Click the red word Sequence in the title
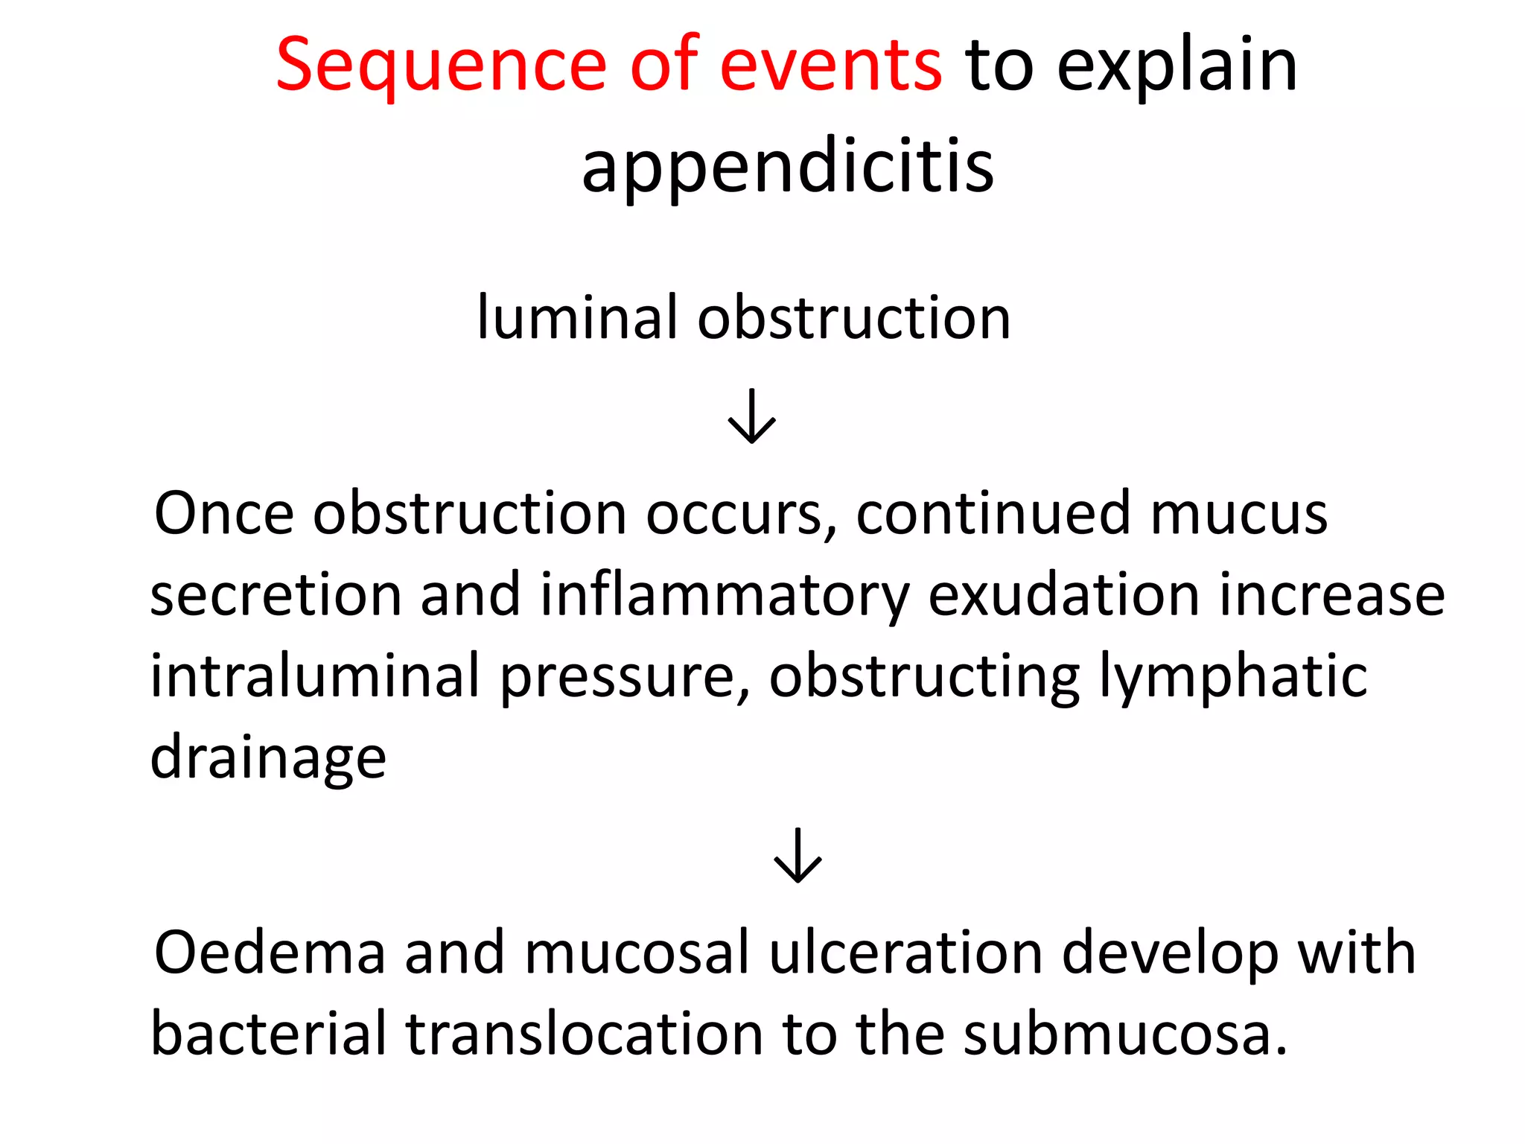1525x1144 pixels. pyautogui.click(x=440, y=67)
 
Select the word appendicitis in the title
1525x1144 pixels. pyautogui.click(x=788, y=168)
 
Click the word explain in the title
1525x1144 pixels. pyautogui.click(x=1177, y=67)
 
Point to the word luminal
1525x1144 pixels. pyautogui.click(x=577, y=318)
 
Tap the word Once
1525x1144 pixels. pyautogui.click(x=224, y=514)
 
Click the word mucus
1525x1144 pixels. pyautogui.click(x=1238, y=514)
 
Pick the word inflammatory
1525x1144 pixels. pyautogui.click(x=725, y=597)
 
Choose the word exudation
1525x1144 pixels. pyautogui.click(x=1064, y=595)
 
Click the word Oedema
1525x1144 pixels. pyautogui.click(x=270, y=953)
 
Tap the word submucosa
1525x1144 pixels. pyautogui.click(x=1124, y=1035)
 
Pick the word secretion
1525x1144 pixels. pyautogui.click(x=276, y=595)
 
